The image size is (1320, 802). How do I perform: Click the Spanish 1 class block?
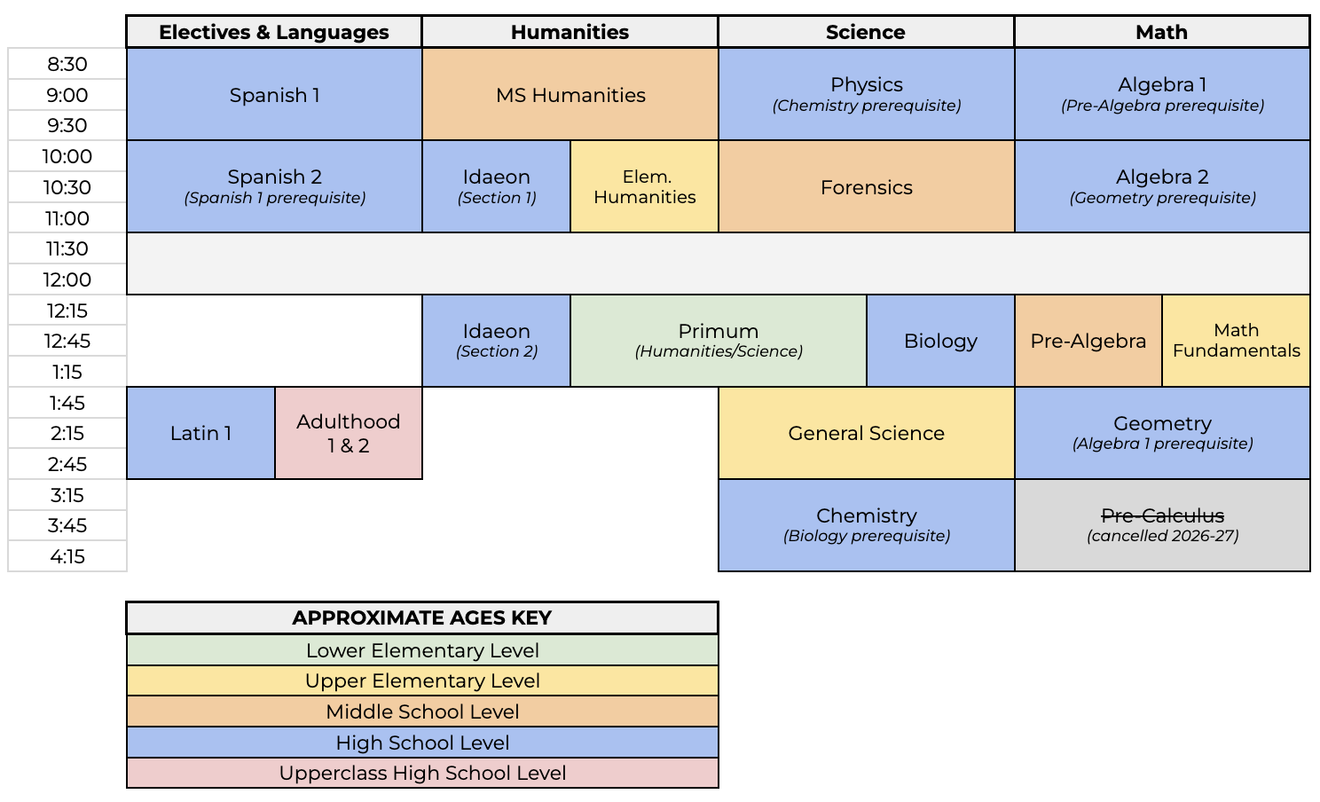click(x=274, y=94)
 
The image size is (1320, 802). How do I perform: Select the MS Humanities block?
click(x=570, y=94)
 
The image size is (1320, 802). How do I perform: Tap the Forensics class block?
click(x=866, y=187)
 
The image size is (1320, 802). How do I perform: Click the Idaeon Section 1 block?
click(x=496, y=187)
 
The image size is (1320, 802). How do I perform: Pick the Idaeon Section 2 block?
click(x=496, y=341)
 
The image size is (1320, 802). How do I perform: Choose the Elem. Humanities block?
click(x=644, y=187)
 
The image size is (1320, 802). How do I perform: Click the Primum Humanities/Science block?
click(x=719, y=341)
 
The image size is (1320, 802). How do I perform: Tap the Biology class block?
click(x=940, y=341)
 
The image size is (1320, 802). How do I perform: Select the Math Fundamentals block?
click(x=1236, y=341)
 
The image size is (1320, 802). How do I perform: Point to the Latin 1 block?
click(x=200, y=433)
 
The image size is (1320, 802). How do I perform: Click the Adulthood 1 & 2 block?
click(x=349, y=433)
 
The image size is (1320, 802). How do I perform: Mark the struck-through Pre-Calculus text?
click(x=1162, y=515)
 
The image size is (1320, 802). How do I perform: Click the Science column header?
click(x=866, y=32)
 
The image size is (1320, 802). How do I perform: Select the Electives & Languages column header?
click(x=274, y=32)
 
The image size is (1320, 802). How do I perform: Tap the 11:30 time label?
click(x=67, y=248)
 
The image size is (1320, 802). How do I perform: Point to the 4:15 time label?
click(x=67, y=556)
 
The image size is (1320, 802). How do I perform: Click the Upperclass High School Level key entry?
click(x=422, y=773)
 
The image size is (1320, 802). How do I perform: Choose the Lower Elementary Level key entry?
click(x=422, y=650)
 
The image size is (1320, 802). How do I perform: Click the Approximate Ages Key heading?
click(x=422, y=617)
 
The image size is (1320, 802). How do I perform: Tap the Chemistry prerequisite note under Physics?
click(x=866, y=106)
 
